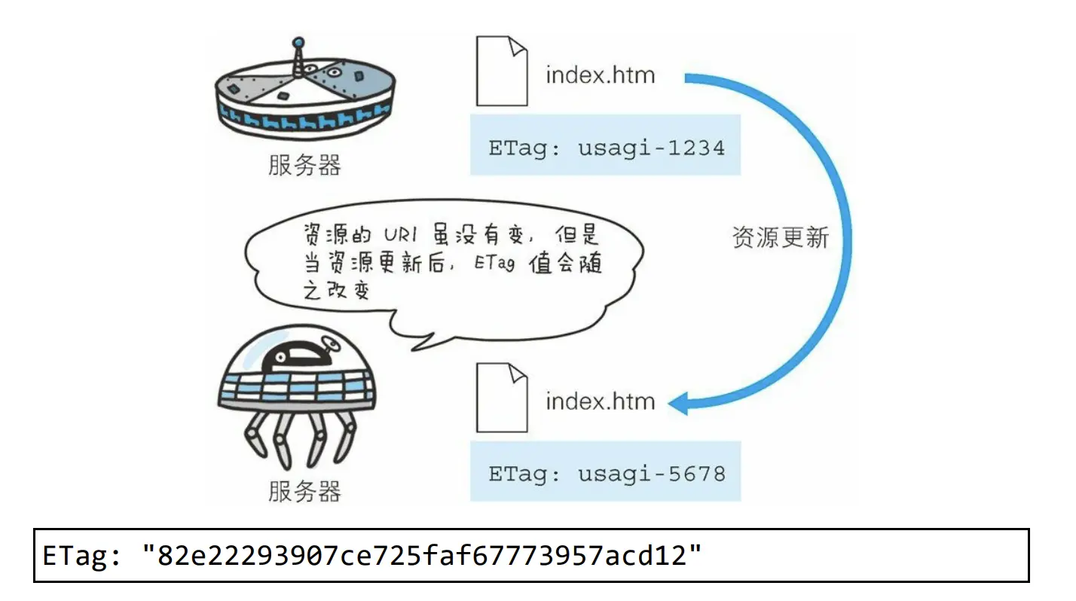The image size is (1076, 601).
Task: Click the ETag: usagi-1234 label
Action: (606, 147)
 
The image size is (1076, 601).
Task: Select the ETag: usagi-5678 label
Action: (606, 474)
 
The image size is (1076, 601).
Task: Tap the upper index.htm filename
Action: (600, 75)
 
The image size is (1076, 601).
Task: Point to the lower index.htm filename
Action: (600, 401)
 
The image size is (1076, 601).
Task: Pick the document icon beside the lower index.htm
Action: (501, 397)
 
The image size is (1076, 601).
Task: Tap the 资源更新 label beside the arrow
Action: (780, 238)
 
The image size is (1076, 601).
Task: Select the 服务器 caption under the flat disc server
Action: (304, 165)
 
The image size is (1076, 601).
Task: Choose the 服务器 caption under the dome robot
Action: (304, 491)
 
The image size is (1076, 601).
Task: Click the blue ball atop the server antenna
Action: (298, 42)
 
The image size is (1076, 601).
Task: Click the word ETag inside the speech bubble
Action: (495, 265)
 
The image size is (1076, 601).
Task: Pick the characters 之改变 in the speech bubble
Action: (337, 291)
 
